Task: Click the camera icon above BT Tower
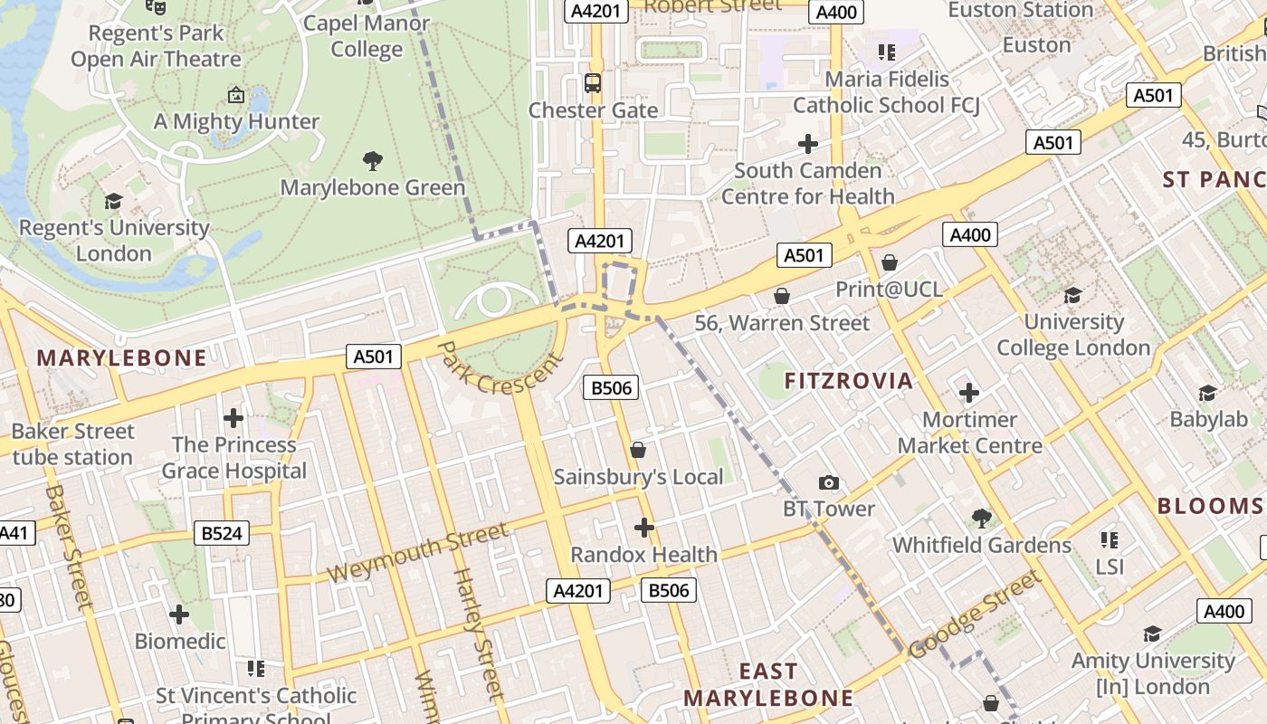pos(828,483)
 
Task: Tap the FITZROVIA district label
pos(849,381)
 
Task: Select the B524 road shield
pos(222,533)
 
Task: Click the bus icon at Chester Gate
pos(593,84)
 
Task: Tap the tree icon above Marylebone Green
pos(372,162)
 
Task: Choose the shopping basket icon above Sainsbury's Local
pos(638,450)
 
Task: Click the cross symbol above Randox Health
pos(643,528)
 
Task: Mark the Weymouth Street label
pos(417,553)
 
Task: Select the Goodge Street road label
pos(975,614)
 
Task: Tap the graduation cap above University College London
pos(1072,295)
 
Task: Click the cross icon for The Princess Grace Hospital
pos(233,418)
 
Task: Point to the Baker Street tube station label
pos(72,444)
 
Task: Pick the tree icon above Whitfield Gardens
pos(981,519)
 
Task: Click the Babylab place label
pos(1208,419)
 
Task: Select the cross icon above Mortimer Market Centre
pos(968,393)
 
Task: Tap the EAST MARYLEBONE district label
pos(768,684)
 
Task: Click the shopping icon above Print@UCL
pos(889,262)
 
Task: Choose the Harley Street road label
pos(477,633)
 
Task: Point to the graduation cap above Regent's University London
pos(113,201)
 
